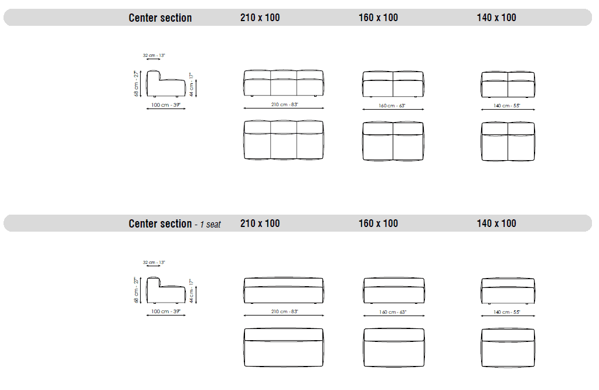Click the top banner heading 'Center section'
[160, 18]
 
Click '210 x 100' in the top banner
[260, 18]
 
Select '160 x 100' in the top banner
[378, 18]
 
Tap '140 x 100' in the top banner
[496, 18]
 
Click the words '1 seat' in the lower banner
[210, 225]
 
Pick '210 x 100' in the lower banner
[260, 223]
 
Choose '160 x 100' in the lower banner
[378, 223]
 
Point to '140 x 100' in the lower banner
[496, 223]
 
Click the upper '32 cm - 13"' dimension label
[154, 56]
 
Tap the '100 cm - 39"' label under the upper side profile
[166, 105]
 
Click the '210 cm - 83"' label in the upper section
[284, 104]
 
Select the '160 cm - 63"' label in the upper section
[392, 106]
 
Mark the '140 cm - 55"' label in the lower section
[507, 312]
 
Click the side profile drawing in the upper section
[166, 84]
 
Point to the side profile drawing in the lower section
[166, 290]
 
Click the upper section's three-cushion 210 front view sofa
[284, 83]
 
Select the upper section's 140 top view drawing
[508, 141]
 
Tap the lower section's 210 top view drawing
[284, 348]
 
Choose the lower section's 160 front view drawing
[394, 290]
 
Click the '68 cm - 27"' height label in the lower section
[137, 290]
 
